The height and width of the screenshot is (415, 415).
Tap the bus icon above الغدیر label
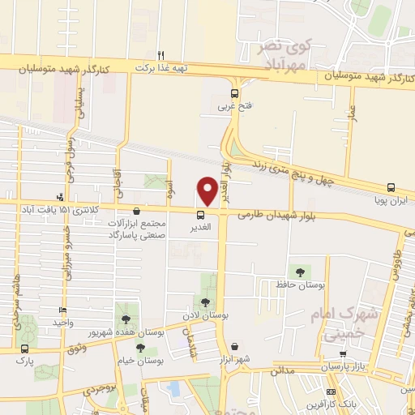199,214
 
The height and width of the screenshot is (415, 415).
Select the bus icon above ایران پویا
391,186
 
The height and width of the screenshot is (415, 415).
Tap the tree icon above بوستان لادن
203,302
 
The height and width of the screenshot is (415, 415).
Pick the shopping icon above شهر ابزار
234,345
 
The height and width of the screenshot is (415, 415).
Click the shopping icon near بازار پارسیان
344,354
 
